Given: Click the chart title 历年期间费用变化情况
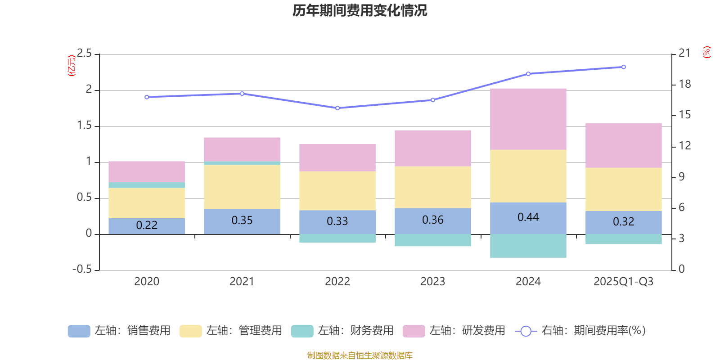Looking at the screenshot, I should [360, 10].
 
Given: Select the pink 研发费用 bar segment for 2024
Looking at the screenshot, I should [528, 119].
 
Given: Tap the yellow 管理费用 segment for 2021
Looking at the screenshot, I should [242, 187].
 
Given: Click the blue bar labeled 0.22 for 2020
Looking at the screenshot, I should [147, 225].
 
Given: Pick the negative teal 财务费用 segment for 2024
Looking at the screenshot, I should [528, 246].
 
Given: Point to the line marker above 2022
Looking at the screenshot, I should [337, 108].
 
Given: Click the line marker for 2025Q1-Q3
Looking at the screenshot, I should [623, 67].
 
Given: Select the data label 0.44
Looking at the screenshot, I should [528, 217].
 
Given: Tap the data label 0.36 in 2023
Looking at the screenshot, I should [432, 220].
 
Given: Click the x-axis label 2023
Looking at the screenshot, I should [432, 282].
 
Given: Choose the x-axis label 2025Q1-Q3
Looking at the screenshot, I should [623, 282].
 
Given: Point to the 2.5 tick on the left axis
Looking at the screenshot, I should [84, 54].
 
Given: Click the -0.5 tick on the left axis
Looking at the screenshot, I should [82, 269].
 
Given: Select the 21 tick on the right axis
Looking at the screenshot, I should [684, 53].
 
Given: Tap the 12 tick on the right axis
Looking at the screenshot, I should [684, 146].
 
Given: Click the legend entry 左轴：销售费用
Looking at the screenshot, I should [119, 331].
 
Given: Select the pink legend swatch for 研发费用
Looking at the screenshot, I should [414, 331].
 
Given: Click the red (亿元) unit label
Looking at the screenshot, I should [71, 66].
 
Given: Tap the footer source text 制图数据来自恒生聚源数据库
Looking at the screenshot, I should [360, 355].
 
